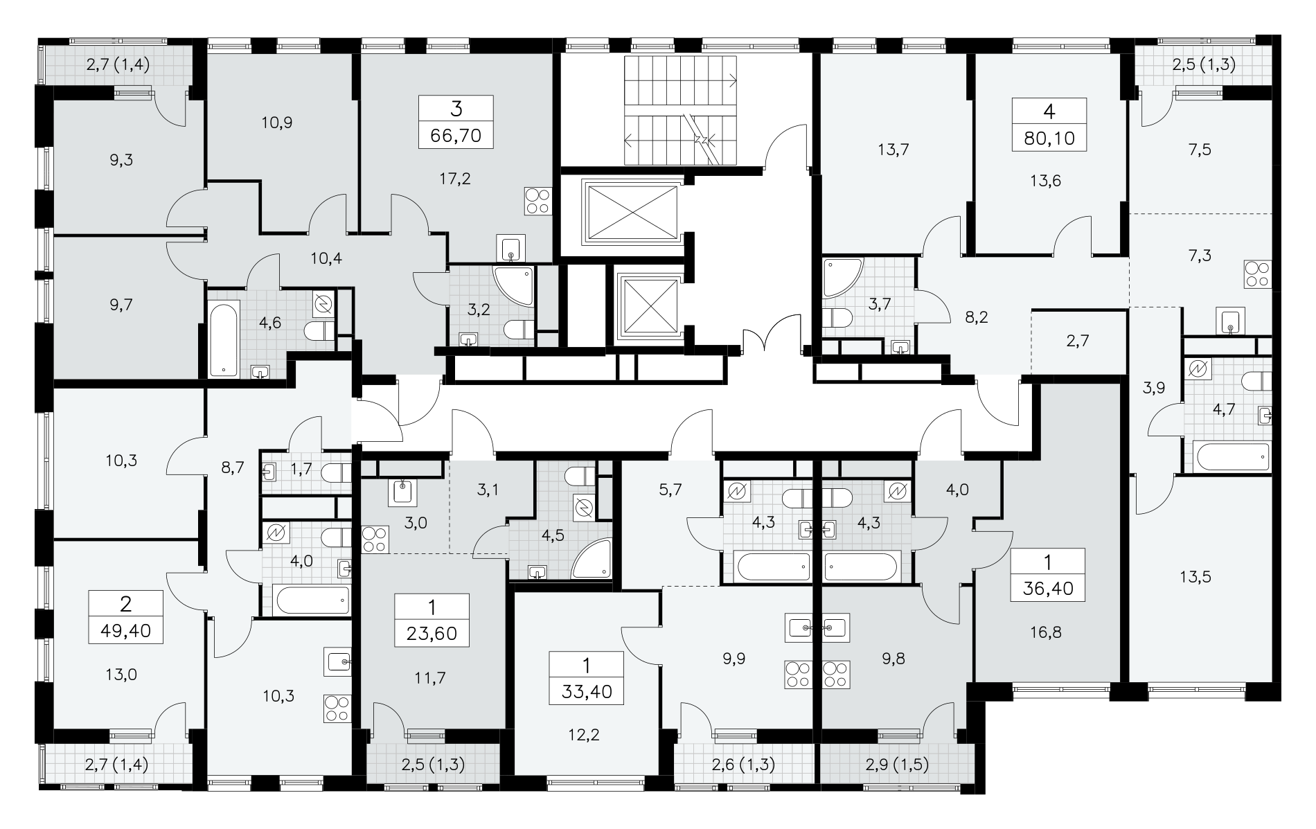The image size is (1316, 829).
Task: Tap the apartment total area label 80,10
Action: point(1049,138)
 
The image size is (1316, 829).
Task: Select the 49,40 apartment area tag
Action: point(125,631)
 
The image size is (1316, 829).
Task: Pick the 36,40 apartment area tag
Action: point(1047,588)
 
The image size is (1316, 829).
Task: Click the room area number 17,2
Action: point(455,179)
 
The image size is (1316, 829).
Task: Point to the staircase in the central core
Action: point(682,112)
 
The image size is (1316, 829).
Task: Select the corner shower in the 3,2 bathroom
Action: point(513,286)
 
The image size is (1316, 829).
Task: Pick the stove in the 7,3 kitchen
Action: point(1257,274)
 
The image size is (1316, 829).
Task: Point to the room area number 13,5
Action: point(1195,576)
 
